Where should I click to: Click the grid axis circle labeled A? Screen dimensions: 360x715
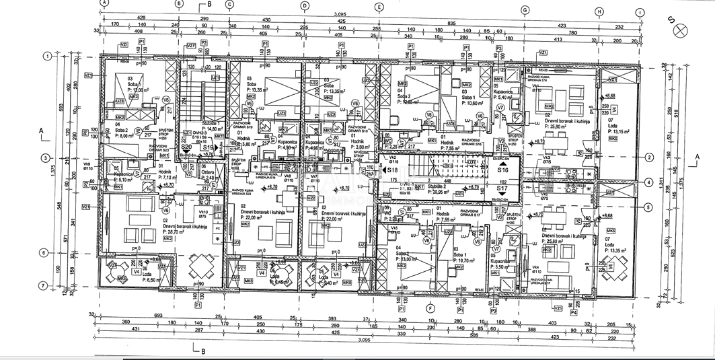(x=103, y=3)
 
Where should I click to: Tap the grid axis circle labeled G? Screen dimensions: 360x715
(x=523, y=10)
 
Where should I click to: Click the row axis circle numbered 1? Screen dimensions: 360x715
(x=47, y=56)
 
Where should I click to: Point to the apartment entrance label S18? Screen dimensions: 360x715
(x=391, y=172)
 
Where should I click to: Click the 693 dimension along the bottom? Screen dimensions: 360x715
(x=159, y=315)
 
